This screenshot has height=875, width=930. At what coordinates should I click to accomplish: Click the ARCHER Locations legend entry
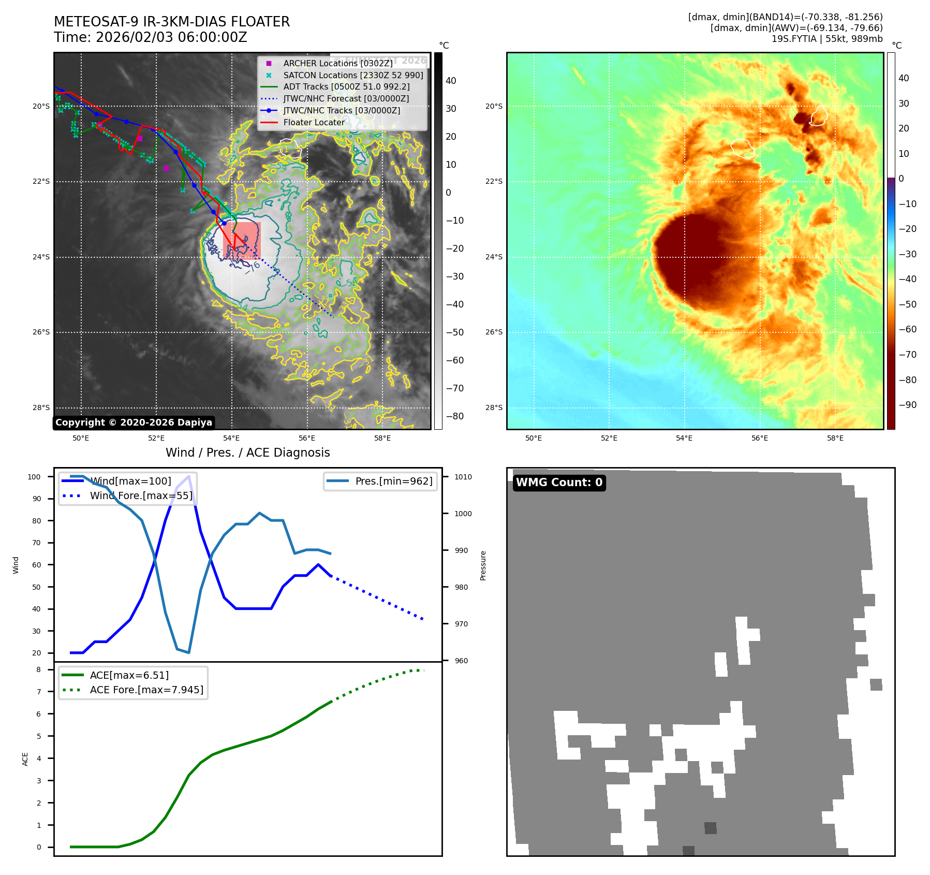pyautogui.click(x=337, y=63)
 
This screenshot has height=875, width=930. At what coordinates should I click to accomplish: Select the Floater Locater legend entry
pyautogui.click(x=314, y=122)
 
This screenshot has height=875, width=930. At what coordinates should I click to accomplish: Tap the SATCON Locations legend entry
pyautogui.click(x=353, y=75)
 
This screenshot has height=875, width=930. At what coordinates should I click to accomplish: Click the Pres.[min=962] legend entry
pyautogui.click(x=393, y=481)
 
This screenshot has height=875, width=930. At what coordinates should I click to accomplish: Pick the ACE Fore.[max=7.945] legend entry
pyautogui.click(x=146, y=690)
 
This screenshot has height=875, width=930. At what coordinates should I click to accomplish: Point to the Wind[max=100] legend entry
pyautogui.click(x=130, y=481)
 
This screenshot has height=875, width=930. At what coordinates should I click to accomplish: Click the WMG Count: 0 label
pyautogui.click(x=559, y=483)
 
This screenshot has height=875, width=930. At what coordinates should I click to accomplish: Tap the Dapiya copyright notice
pyautogui.click(x=134, y=422)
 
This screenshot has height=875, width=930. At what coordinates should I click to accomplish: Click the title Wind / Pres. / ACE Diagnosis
pyautogui.click(x=247, y=453)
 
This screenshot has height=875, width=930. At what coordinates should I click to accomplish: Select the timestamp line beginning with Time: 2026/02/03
pyautogui.click(x=151, y=37)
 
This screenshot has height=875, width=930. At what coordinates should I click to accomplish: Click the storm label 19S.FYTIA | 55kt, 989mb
pyautogui.click(x=826, y=39)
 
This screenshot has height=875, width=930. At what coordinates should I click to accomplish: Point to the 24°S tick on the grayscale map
pyautogui.click(x=41, y=257)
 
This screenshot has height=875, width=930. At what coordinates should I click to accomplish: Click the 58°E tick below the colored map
pyautogui.click(x=835, y=438)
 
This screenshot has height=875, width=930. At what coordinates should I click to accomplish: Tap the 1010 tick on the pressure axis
pyautogui.click(x=463, y=477)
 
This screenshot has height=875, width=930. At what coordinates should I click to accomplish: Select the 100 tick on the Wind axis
pyautogui.click(x=34, y=477)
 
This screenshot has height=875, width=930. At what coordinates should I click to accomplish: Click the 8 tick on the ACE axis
pyautogui.click(x=38, y=669)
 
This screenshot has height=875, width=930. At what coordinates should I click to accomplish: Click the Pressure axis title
pyautogui.click(x=483, y=565)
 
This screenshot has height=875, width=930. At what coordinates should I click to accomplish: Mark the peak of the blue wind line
pyautogui.click(x=189, y=476)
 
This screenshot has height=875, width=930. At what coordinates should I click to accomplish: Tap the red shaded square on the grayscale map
pyautogui.click(x=242, y=240)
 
